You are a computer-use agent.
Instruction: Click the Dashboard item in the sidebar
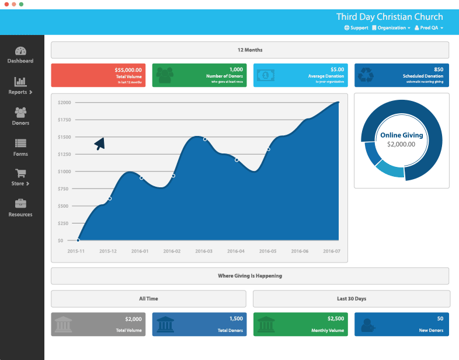point(20,55)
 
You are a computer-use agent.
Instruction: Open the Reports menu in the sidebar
point(20,86)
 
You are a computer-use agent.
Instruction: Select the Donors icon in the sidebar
point(20,116)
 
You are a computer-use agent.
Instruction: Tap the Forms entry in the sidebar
point(20,147)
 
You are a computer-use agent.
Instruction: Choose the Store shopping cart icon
point(20,173)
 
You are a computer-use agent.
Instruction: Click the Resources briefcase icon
point(20,203)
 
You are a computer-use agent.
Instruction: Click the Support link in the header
point(356,28)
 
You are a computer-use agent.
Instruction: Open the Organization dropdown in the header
point(391,28)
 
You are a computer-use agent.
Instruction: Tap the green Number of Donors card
point(199,75)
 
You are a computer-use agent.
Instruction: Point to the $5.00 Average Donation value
point(337,69)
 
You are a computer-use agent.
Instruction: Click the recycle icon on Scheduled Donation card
point(366,75)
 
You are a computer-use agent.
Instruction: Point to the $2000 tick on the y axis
point(64,103)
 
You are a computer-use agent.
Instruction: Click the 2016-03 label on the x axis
point(204,251)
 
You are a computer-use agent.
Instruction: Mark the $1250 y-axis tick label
point(64,154)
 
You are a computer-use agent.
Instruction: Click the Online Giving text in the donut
point(401,135)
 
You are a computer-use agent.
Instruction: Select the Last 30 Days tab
point(352,299)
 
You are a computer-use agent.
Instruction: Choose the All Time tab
point(148,299)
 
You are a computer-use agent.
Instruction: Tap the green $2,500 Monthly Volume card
point(300,324)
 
